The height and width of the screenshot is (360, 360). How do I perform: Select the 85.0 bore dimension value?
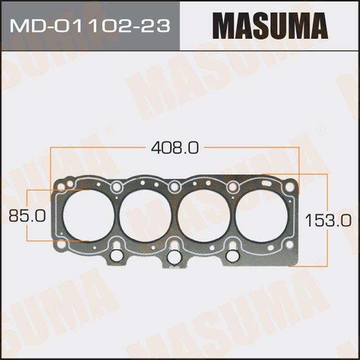23,215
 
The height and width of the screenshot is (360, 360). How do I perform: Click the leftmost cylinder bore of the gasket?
85,215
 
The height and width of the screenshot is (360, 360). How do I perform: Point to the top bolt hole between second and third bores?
174,186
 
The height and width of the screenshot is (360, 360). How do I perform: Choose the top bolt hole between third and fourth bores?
232,187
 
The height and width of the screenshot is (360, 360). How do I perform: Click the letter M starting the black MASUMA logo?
224,26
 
